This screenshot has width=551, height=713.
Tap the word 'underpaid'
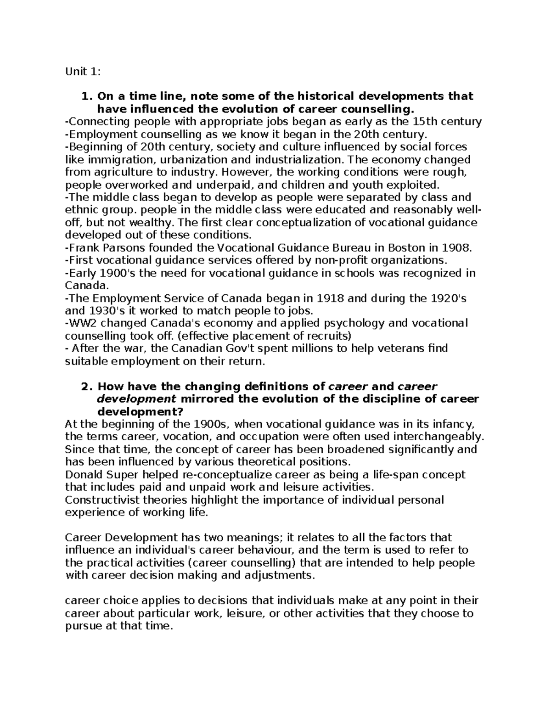[x=219, y=185]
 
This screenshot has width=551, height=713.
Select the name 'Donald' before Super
[x=83, y=474]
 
